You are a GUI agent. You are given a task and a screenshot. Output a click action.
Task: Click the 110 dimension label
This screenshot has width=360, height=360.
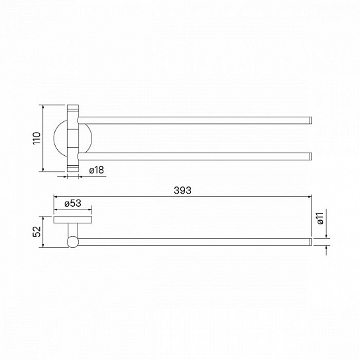tap(36, 138)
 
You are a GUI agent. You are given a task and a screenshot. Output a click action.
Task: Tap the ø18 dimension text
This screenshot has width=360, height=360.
tap(97, 170)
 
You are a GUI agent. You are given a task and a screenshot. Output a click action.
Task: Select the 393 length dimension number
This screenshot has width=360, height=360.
tap(182, 190)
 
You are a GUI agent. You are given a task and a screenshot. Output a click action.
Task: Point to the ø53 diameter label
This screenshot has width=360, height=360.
tap(73, 203)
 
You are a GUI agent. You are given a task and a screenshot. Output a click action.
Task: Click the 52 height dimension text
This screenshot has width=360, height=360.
tap(36, 231)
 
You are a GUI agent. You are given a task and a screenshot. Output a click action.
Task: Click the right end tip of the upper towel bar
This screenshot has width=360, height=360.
tap(311, 121)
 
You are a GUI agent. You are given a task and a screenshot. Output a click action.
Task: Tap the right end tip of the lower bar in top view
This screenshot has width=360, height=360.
tap(311, 156)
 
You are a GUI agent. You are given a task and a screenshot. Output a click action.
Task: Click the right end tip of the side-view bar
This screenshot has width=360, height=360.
tap(311, 242)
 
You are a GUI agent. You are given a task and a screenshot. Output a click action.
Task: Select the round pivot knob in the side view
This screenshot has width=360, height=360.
tap(73, 242)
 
